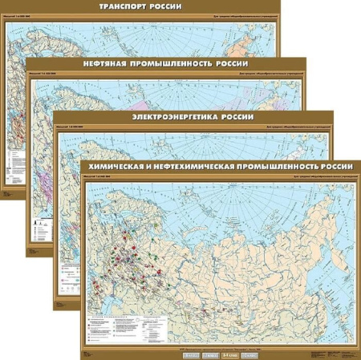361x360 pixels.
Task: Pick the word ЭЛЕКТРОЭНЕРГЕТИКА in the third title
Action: click(x=179, y=115)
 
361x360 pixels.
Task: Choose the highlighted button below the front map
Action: click(x=229, y=352)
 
